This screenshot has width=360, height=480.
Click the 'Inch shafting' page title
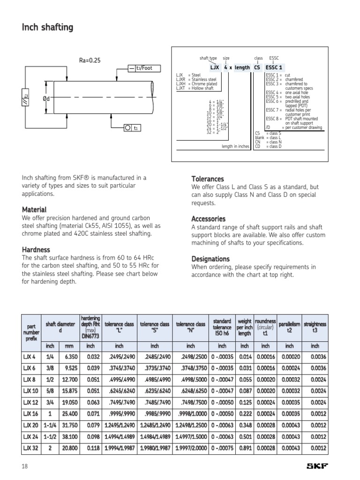[47, 28]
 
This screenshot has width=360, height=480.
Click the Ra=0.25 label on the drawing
[90, 60]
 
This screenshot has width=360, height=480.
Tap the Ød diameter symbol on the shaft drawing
[46, 98]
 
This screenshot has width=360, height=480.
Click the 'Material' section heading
[34, 210]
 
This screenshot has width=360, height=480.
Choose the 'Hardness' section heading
[36, 250]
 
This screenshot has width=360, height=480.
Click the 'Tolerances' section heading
[208, 179]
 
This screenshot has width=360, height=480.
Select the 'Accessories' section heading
[208, 219]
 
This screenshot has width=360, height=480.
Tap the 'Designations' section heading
[210, 259]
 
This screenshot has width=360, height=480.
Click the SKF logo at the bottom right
[317, 466]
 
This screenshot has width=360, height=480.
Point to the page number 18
[25, 466]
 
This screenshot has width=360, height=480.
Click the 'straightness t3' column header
[315, 327]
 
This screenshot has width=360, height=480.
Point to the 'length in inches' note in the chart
[235, 146]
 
